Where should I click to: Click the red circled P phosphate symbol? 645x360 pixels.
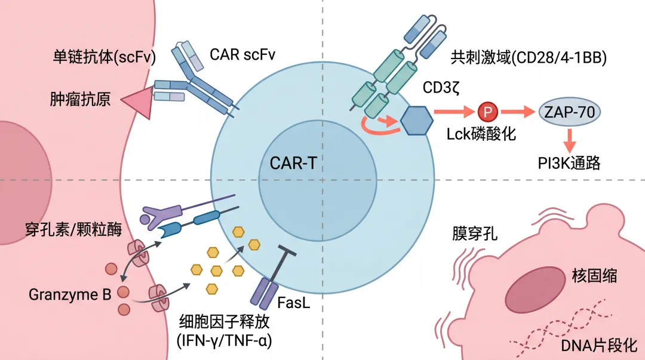tap(488, 112)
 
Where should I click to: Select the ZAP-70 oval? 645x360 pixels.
tap(569, 112)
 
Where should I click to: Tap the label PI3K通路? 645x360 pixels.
tap(569, 163)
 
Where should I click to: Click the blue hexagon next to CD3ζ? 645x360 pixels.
tap(417, 121)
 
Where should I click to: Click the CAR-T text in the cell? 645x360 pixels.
tap(293, 164)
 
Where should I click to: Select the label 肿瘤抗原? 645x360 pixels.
tap(80, 99)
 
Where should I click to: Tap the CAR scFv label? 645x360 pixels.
tap(242, 54)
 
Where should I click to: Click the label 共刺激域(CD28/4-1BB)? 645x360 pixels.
tap(529, 57)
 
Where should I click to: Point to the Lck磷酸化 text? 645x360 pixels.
tap(481, 134)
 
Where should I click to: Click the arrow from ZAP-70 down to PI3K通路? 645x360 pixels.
tap(570, 140)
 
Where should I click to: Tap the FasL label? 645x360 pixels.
tap(293, 303)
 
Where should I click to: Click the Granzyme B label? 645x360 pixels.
tap(70, 294)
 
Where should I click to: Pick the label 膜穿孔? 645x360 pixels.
tap(475, 233)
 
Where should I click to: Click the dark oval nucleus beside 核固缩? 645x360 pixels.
tap(536, 290)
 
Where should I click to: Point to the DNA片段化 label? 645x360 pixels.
tap(599, 345)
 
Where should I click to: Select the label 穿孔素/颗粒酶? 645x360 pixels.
tap(73, 229)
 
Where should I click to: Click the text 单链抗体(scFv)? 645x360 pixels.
tap(105, 57)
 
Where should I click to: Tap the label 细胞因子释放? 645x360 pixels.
tap(224, 321)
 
